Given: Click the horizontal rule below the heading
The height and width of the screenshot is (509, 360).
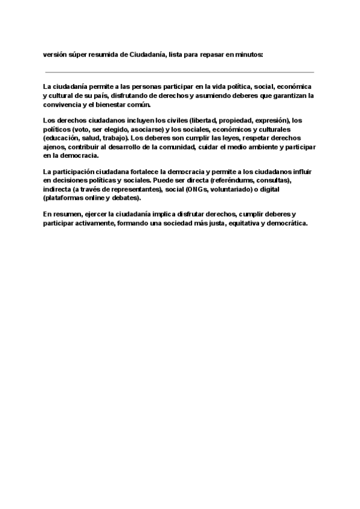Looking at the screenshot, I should [x=179, y=72].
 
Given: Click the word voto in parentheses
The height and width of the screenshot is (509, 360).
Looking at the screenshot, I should [x=82, y=129].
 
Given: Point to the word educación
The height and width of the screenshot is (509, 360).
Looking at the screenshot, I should [x=64, y=137].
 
